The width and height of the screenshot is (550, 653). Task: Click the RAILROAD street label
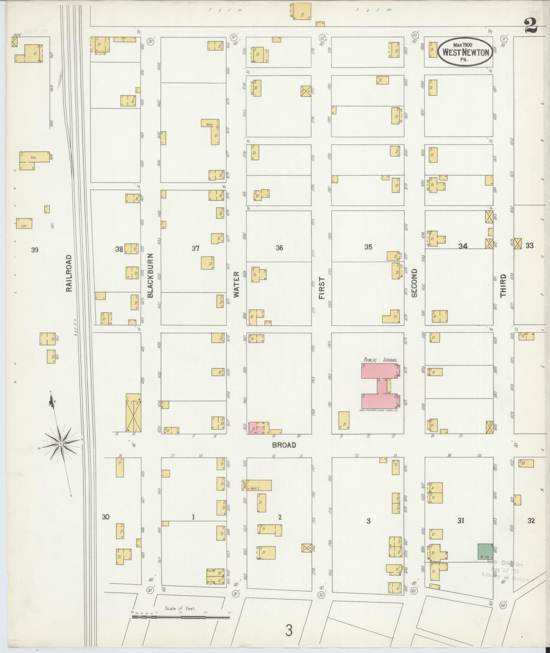69,273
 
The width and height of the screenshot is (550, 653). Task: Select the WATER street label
237,283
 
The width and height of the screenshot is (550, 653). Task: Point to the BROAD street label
284,445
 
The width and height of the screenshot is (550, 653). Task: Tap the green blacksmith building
485,551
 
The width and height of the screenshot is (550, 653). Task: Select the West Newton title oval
465,52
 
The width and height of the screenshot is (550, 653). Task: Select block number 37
195,249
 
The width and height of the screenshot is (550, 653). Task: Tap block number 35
368,247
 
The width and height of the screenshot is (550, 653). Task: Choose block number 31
461,521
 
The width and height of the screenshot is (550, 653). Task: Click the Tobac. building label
209,125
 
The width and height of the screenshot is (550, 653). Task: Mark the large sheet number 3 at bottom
289,630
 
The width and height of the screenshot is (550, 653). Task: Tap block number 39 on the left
34,250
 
